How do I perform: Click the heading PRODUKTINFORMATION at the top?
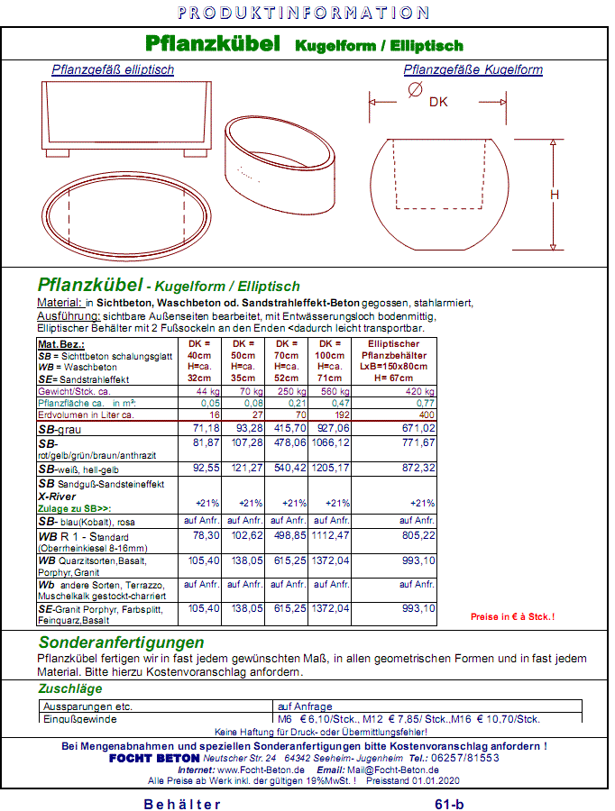click(x=303, y=13)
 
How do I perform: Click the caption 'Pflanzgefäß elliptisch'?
click(x=113, y=69)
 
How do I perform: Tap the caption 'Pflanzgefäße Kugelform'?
click(x=473, y=69)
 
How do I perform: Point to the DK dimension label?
click(x=438, y=103)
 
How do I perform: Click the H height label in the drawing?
click(x=555, y=194)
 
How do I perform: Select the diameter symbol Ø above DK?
click(x=415, y=88)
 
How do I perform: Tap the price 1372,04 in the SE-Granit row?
click(x=333, y=608)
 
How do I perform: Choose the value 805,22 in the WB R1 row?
click(x=418, y=535)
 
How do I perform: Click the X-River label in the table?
click(x=56, y=495)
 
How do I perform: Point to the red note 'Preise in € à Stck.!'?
click(x=512, y=616)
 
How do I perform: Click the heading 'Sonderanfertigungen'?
click(x=121, y=642)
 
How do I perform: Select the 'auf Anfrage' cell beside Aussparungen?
click(x=305, y=706)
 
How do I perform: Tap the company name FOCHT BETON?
click(x=154, y=759)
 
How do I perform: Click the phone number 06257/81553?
click(x=465, y=759)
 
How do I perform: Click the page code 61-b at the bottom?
click(x=449, y=804)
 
